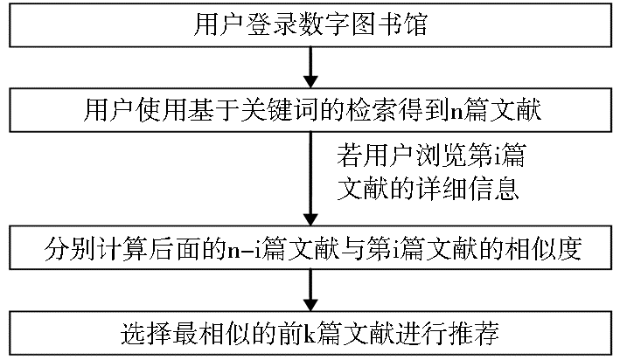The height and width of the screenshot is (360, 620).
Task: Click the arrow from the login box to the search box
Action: point(310,67)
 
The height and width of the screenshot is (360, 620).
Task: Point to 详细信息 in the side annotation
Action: point(467,189)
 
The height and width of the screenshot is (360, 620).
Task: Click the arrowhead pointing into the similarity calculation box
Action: point(310,219)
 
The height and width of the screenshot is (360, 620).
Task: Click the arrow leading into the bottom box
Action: point(310,290)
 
